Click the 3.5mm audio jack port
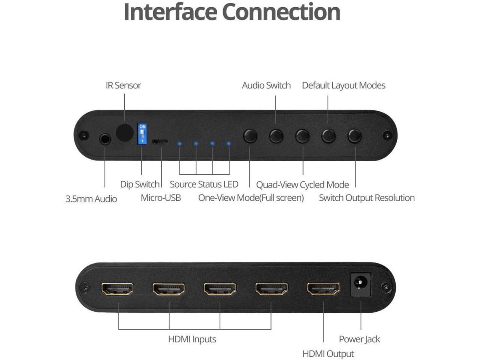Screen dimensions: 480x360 [105, 139]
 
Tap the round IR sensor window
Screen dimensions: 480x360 [125, 132]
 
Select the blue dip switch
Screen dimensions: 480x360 [142, 134]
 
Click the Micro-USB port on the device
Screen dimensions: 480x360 [160, 142]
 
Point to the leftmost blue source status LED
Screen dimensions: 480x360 [180, 144]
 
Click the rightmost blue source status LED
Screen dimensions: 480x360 [228, 144]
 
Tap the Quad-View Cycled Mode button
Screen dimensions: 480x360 [302, 136]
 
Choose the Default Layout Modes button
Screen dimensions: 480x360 [328, 136]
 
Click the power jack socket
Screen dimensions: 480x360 [361, 284]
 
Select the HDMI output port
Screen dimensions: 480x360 [324, 288]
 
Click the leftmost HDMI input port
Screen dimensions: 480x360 [118, 289]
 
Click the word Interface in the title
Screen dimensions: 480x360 [170, 12]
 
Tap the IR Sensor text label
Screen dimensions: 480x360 [123, 85]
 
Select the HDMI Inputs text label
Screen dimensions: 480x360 [192, 339]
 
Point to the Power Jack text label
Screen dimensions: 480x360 [359, 339]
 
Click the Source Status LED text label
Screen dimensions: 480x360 [204, 184]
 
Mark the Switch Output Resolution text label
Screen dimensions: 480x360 [367, 198]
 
